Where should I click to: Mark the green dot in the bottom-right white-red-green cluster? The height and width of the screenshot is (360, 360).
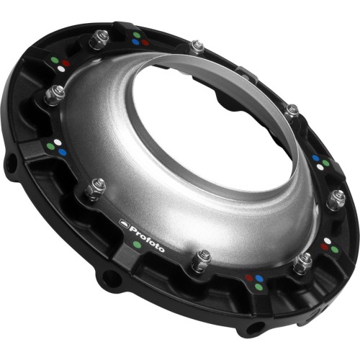pos(335,249)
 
